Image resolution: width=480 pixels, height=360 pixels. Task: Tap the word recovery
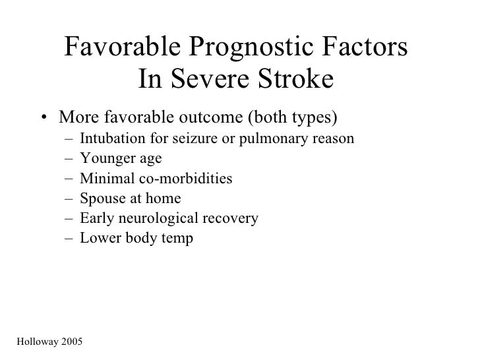[x=234, y=218]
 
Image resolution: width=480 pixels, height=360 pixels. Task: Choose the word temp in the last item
[x=179, y=238]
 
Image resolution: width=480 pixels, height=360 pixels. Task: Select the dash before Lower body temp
[x=69, y=238]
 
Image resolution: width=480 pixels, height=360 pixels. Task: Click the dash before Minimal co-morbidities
[x=69, y=179]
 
